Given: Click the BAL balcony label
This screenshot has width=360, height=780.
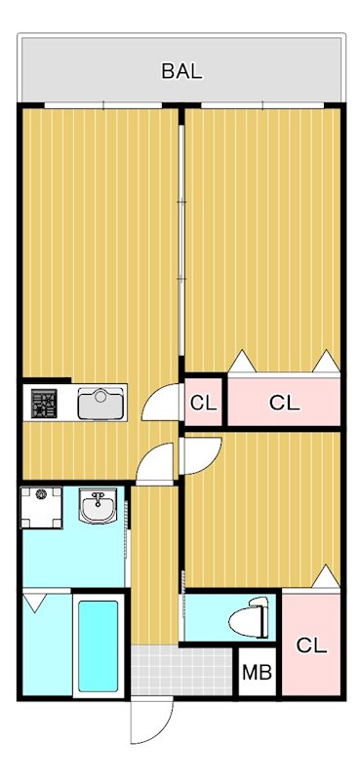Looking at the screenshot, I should [181, 70].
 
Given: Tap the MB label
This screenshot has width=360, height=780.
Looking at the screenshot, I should [257, 673].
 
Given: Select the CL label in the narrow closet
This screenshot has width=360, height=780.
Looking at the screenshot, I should [203, 402].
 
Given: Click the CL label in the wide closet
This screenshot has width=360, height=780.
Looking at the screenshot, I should [284, 402].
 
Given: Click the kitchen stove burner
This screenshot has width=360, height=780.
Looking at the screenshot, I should [45, 404].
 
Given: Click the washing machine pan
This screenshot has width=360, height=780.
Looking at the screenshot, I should [41, 506].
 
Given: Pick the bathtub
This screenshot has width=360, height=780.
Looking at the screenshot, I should [97, 645].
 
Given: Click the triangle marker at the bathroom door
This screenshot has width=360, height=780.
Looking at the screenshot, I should [34, 603].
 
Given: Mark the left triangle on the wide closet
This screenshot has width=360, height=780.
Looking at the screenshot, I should [241, 363].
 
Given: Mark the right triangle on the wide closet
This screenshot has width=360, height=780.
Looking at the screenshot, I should [325, 363].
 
